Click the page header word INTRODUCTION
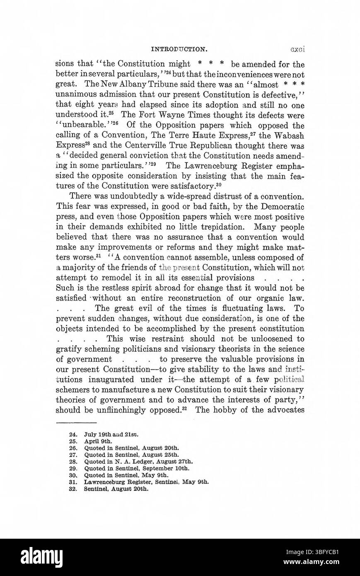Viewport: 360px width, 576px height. click(x=179, y=49)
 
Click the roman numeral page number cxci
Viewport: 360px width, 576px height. click(x=297, y=49)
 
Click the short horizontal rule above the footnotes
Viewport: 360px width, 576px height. click(x=76, y=422)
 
